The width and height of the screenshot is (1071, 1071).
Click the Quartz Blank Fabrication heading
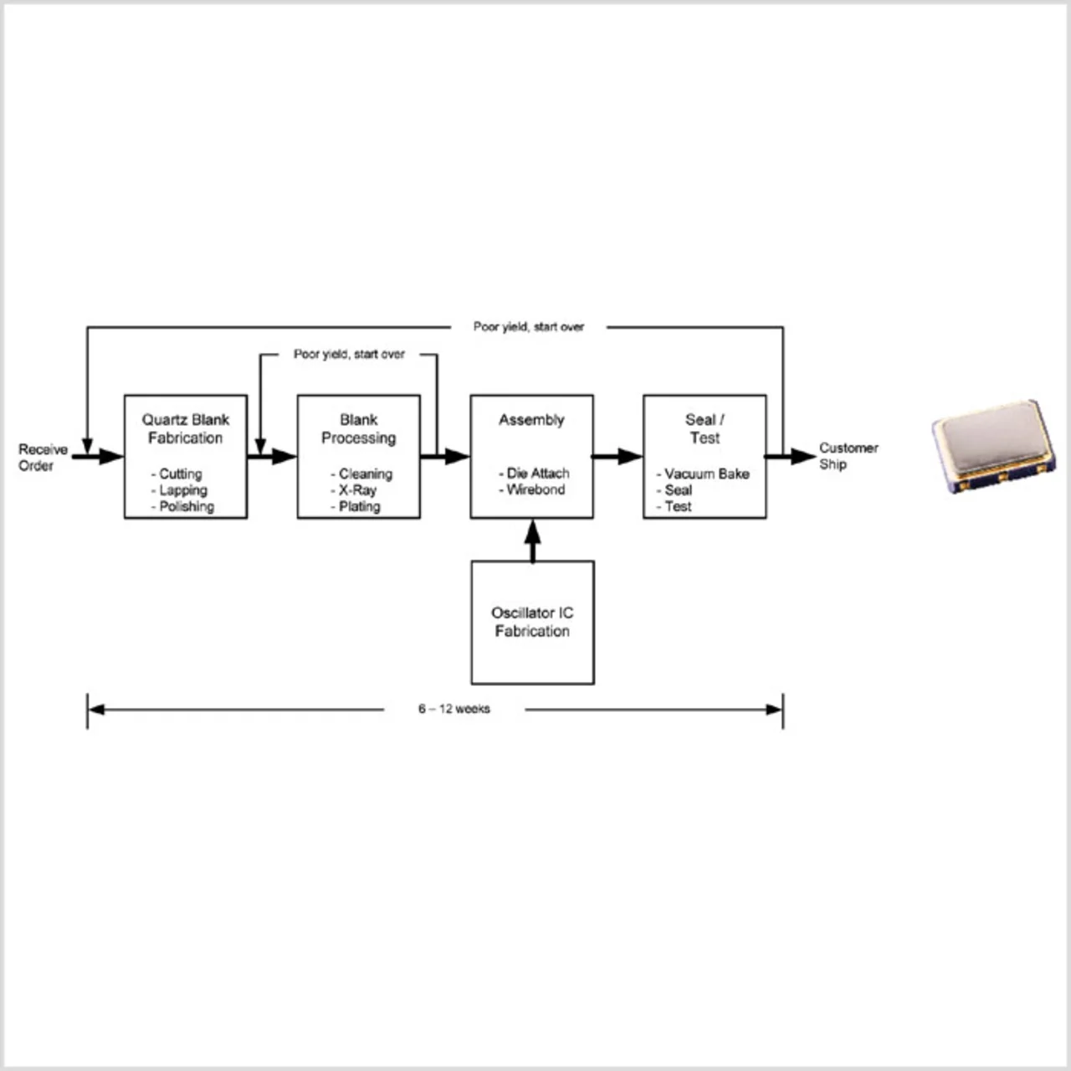[185, 428]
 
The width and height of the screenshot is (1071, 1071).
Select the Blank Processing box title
[358, 428]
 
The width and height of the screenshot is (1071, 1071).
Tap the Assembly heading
[531, 420]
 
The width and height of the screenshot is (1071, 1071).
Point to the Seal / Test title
[705, 428]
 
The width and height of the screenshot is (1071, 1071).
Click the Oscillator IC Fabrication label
[532, 622]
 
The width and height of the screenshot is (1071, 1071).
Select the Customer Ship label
[848, 456]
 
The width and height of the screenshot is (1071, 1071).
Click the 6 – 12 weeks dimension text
[454, 709]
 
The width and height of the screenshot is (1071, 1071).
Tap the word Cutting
[180, 474]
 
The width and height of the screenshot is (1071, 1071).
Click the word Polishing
[186, 506]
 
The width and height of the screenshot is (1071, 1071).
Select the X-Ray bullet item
[357, 490]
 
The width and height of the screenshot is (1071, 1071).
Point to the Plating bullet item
[359, 506]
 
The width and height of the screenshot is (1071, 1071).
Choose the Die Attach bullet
[537, 474]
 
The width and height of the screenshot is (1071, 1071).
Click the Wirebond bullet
[535, 489]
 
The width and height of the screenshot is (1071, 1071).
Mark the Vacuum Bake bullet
[706, 474]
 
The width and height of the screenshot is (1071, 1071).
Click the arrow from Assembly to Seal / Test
[617, 456]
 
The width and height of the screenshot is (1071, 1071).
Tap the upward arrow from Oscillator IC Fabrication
[532, 540]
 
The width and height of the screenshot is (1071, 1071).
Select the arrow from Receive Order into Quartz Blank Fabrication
[99, 456]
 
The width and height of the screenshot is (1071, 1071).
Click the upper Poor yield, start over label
[528, 326]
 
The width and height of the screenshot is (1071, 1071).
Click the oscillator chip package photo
[993, 445]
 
